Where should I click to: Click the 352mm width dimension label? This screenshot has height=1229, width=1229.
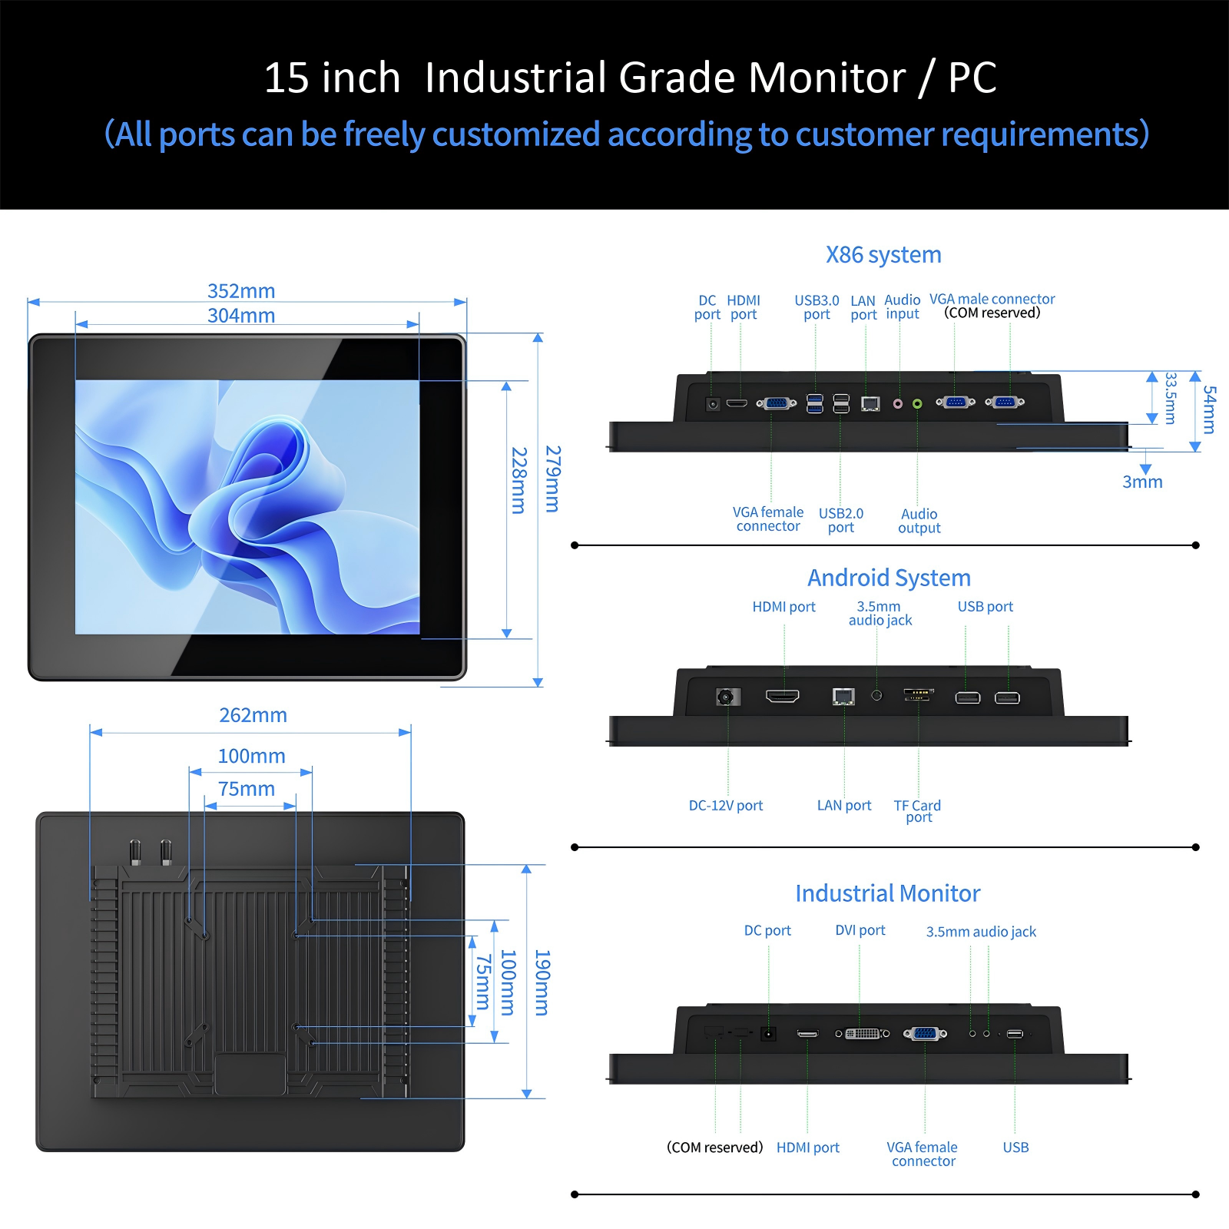click(241, 291)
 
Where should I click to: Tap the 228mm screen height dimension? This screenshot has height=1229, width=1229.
click(519, 481)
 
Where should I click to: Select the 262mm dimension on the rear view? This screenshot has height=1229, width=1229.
click(253, 715)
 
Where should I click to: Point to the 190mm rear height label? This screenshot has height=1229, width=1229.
click(542, 982)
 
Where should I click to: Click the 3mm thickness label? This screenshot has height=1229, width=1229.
click(1142, 482)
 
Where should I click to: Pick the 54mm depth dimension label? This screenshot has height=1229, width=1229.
click(1210, 409)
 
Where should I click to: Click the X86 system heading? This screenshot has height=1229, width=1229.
click(883, 255)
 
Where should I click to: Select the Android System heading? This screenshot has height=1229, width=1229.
click(889, 578)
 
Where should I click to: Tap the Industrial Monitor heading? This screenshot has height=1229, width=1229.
click(888, 893)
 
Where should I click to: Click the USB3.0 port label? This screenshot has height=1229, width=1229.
click(817, 307)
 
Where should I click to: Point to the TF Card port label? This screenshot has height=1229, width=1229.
click(917, 811)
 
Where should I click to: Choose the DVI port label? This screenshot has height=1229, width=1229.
click(860, 930)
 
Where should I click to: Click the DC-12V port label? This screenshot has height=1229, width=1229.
click(726, 806)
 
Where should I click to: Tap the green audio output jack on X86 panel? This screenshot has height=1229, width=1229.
click(917, 404)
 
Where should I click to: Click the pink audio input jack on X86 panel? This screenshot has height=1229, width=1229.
click(898, 404)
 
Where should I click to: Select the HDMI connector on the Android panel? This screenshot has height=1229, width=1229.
click(783, 696)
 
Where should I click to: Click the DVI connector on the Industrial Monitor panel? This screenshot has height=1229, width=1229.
click(863, 1034)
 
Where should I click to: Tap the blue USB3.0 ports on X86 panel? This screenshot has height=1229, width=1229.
click(815, 403)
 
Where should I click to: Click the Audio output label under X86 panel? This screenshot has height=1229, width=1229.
click(919, 521)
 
